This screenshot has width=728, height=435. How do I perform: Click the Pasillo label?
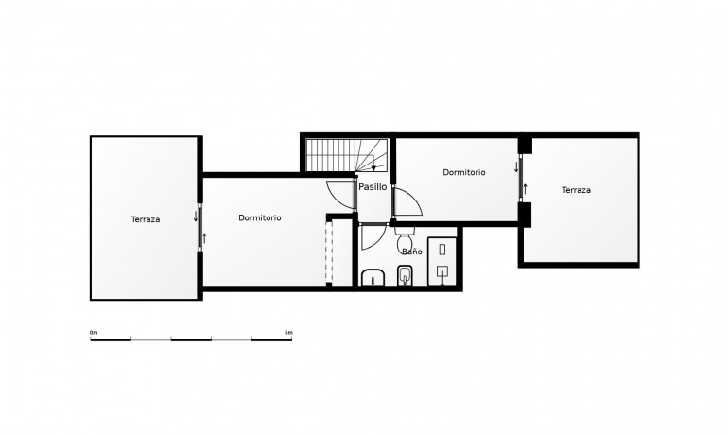pyautogui.click(x=373, y=187)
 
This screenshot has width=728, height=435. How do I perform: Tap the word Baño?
pyautogui.click(x=412, y=252)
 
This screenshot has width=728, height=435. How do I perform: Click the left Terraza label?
pyautogui.click(x=146, y=219)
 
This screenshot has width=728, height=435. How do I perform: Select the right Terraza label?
pyautogui.click(x=576, y=190)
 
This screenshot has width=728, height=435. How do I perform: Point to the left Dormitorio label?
pyautogui.click(x=259, y=218)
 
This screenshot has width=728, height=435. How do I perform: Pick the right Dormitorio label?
pyautogui.click(x=464, y=173)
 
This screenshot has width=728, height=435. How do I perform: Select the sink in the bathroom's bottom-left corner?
pyautogui.click(x=372, y=278)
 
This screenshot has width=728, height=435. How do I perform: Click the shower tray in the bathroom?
pyautogui.click(x=442, y=260)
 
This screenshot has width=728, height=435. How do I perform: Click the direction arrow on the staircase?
pyautogui.click(x=373, y=167)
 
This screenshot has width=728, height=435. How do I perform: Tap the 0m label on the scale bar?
pyautogui.click(x=94, y=333)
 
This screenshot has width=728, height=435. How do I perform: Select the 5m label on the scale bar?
pyautogui.click(x=288, y=333)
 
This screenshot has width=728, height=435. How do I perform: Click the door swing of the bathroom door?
pyautogui.click(x=372, y=236)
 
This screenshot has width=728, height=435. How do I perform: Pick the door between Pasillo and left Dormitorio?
pyautogui.click(x=340, y=192)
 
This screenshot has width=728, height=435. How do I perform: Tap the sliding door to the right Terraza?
pyautogui.click(x=521, y=179)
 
